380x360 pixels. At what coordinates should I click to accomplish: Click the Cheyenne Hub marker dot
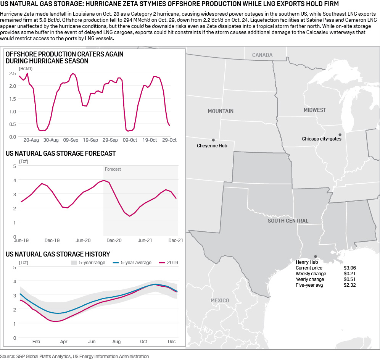tap(213, 140)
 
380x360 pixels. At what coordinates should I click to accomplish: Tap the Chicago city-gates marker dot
tap(340, 134)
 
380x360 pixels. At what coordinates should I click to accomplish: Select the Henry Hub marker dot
tap(315, 257)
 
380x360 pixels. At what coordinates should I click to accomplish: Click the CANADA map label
tap(262, 55)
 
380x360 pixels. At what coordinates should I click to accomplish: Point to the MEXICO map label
tap(220, 300)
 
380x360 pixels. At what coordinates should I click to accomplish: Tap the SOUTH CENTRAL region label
tap(288, 221)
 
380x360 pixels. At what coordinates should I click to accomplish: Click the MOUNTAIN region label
tap(221, 111)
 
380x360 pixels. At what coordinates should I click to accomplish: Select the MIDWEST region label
tap(315, 110)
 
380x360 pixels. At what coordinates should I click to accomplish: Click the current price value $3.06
tap(349, 268)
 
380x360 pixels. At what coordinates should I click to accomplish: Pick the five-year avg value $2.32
tap(349, 285)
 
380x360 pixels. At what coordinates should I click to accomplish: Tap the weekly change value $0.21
tap(349, 274)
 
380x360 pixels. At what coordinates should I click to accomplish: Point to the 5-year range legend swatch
tap(74, 263)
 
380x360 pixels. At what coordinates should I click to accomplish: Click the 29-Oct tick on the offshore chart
tap(170, 140)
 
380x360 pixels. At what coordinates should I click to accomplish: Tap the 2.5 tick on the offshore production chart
tap(12, 73)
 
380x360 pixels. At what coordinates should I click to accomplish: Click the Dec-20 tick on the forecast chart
tap(114, 241)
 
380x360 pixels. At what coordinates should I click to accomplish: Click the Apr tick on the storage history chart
tap(64, 342)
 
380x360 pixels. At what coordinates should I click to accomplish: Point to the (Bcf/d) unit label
tap(26, 68)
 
